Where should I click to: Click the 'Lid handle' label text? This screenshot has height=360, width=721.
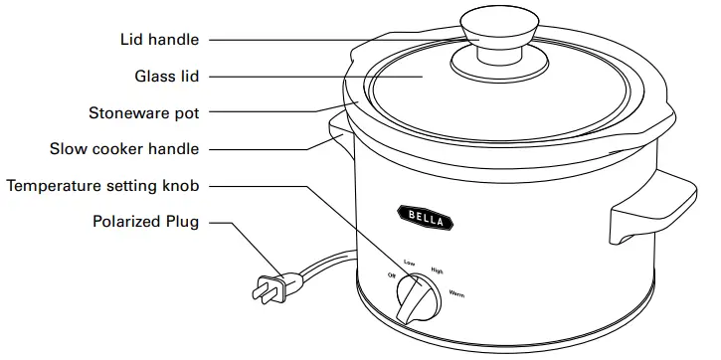(159, 41)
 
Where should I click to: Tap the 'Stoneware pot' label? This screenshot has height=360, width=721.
(142, 113)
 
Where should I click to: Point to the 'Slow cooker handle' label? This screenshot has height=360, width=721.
(124, 149)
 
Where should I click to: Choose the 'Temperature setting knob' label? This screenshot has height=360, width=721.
(103, 186)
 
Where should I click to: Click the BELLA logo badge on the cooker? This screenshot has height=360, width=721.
(421, 216)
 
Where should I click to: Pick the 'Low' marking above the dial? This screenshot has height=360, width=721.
(409, 262)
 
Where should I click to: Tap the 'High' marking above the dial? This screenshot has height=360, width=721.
(437, 269)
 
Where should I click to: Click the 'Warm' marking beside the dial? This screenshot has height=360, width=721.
(456, 295)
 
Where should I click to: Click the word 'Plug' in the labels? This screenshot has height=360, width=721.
(181, 222)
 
